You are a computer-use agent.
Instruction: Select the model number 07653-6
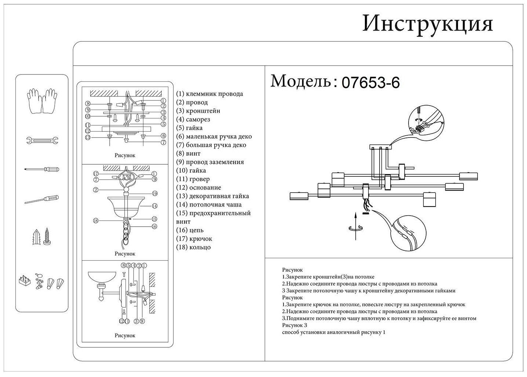pyautogui.click(x=370, y=83)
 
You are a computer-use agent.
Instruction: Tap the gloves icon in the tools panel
pyautogui.click(x=42, y=101)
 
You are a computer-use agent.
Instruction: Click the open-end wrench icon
pyautogui.click(x=42, y=140)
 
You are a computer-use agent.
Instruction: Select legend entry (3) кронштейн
pyautogui.click(x=198, y=111)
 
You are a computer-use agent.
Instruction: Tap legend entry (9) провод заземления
pyautogui.click(x=210, y=162)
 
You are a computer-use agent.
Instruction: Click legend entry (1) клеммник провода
pyautogui.click(x=209, y=94)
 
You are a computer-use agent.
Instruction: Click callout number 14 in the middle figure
pyautogui.click(x=155, y=206)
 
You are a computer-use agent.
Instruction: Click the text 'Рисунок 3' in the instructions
pyautogui.click(x=294, y=325)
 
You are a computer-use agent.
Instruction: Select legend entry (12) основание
pyautogui.click(x=198, y=187)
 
